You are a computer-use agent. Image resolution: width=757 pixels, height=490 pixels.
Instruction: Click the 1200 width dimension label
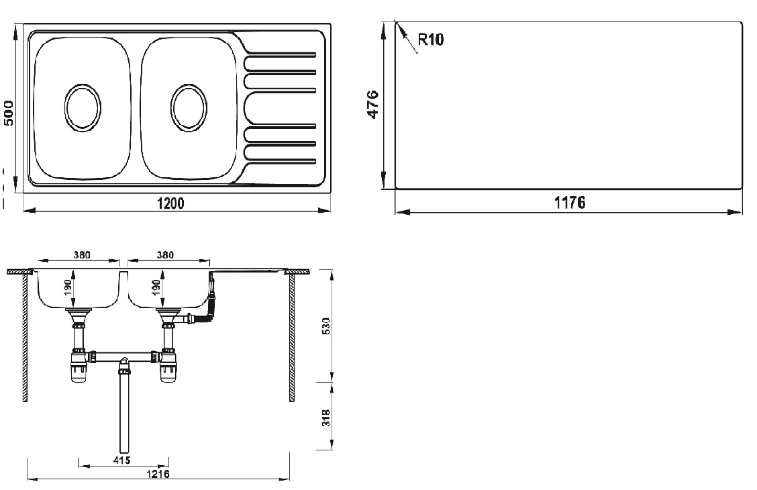click(172, 203)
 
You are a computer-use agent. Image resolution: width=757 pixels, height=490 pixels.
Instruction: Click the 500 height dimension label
click(9, 113)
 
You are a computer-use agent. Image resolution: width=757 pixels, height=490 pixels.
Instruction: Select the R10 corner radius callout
click(430, 40)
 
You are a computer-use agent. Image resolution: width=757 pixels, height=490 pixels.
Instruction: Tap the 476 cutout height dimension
click(372, 105)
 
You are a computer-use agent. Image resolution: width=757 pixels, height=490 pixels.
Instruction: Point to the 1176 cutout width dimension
click(570, 202)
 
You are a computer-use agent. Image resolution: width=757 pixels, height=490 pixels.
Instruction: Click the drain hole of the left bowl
click(83, 107)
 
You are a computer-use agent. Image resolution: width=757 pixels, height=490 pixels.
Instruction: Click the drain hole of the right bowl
click(189, 107)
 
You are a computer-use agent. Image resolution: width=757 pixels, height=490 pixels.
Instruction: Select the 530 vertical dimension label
click(325, 326)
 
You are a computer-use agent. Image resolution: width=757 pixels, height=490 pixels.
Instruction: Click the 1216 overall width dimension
click(159, 474)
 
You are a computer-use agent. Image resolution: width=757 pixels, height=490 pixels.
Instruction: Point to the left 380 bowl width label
click(80, 255)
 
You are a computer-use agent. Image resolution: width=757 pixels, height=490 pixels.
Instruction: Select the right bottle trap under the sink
click(168, 368)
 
